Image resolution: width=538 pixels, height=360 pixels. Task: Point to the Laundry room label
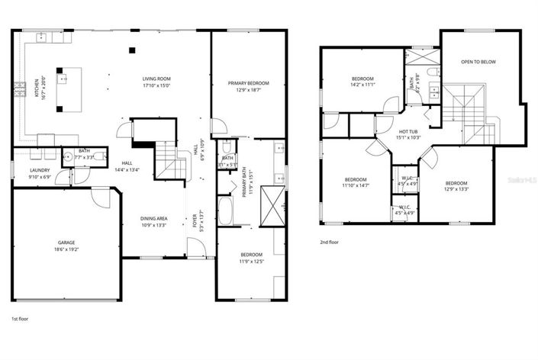tap(40, 170)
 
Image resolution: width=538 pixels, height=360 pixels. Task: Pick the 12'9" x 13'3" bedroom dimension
tap(456, 190)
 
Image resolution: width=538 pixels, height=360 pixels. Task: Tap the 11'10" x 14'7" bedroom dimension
tap(354, 185)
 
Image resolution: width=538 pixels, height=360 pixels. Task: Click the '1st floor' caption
tap(21, 317)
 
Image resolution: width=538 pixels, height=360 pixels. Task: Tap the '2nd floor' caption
tap(330, 243)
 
